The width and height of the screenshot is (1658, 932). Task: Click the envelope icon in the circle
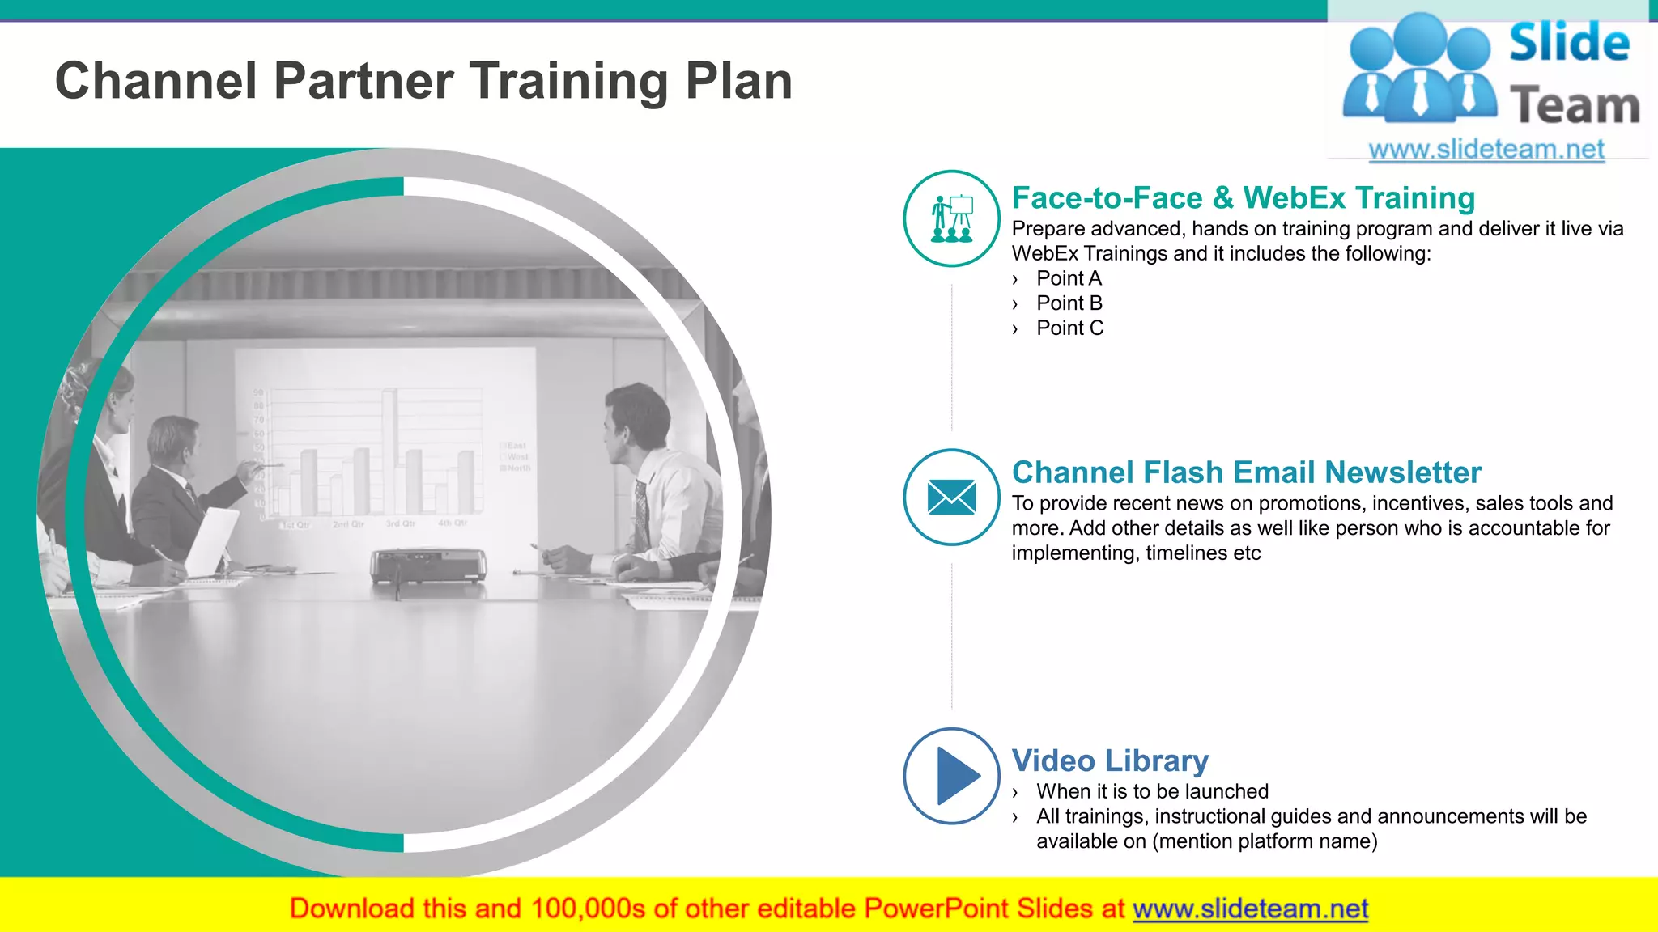pyautogui.click(x=951, y=497)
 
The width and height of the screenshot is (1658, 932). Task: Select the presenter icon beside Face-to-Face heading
pyautogui.click(x=951, y=218)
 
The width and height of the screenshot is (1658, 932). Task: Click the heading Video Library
pyautogui.click(x=1110, y=760)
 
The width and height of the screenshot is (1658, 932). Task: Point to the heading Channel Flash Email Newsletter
pyautogui.click(x=1246, y=472)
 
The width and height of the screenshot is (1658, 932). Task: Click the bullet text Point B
pyautogui.click(x=1069, y=303)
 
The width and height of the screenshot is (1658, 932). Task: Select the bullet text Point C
pyautogui.click(x=1069, y=328)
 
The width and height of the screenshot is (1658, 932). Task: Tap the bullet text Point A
pyautogui.click(x=1069, y=278)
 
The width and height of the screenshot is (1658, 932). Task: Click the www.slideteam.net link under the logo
pyautogui.click(x=1486, y=149)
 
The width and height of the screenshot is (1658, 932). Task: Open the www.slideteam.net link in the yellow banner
pyautogui.click(x=1250, y=909)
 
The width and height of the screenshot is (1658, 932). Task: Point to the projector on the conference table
pyautogui.click(x=428, y=566)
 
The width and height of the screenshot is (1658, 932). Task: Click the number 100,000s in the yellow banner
pyautogui.click(x=588, y=909)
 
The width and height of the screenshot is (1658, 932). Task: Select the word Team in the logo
pyautogui.click(x=1574, y=106)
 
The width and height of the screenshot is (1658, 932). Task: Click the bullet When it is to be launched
pyautogui.click(x=1152, y=791)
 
